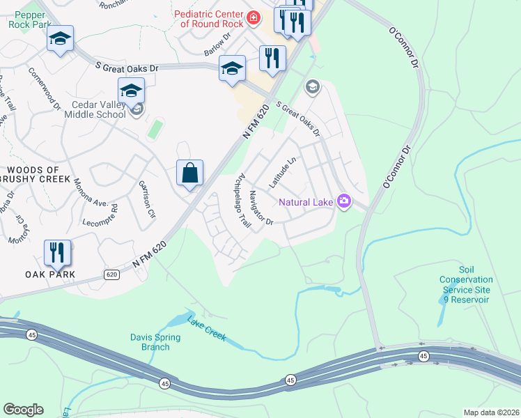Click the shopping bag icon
190,173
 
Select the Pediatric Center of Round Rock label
209,18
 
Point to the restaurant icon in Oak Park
58,251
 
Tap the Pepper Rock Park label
30,19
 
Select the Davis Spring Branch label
155,342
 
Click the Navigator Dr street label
261,208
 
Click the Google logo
23,410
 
